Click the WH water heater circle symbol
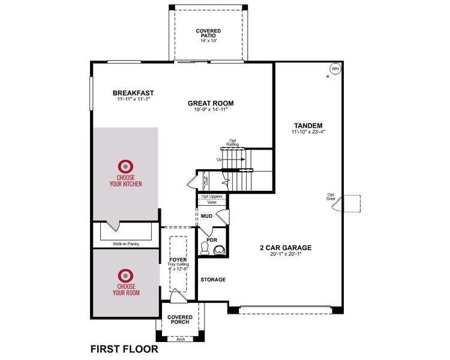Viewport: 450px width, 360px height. (335, 69)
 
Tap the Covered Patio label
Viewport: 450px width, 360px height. (208, 34)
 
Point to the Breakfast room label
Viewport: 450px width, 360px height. (133, 93)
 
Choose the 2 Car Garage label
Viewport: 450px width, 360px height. (285, 247)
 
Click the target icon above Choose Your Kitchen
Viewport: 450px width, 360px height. (125, 166)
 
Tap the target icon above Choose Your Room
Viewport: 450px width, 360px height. (125, 275)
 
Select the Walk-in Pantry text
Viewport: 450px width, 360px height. (125, 244)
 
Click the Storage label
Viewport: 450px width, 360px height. (212, 280)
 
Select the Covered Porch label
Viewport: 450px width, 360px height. (179, 319)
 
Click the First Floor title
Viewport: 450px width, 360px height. (124, 349)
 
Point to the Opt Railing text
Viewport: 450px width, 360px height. (232, 143)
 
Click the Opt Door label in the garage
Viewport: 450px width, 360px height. (331, 196)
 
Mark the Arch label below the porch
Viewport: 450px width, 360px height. (180, 338)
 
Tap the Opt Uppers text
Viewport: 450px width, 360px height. (212, 196)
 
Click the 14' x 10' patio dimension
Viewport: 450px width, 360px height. (208, 41)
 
